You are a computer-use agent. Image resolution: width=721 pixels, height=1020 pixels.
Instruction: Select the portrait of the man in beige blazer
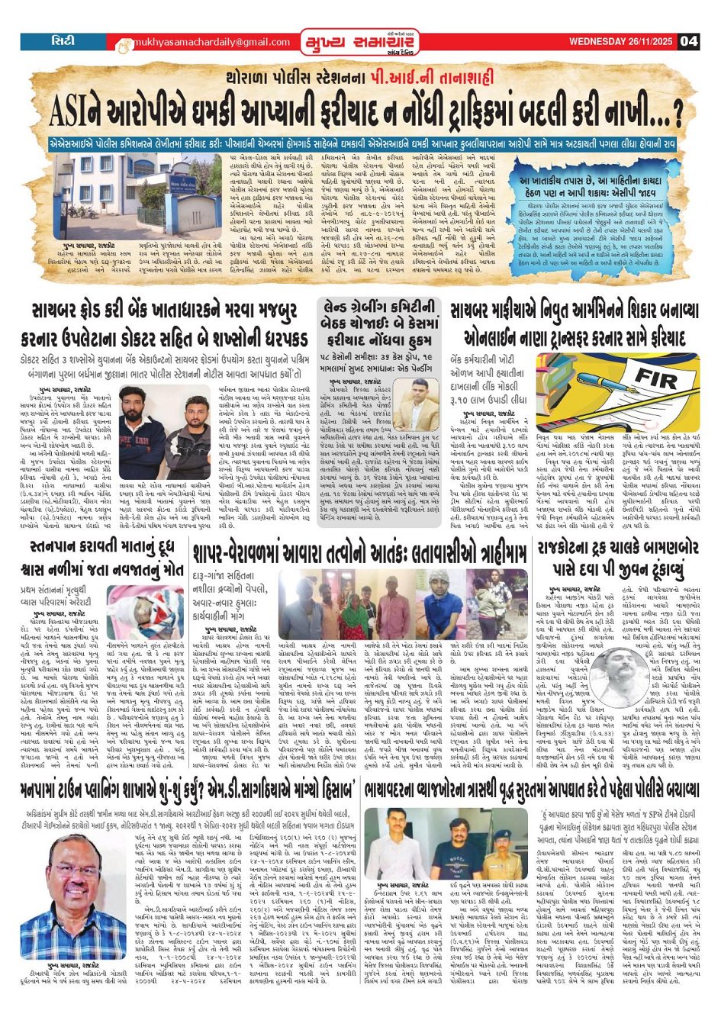click(418, 406)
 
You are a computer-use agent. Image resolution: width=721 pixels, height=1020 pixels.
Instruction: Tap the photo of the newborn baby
click(145, 613)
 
